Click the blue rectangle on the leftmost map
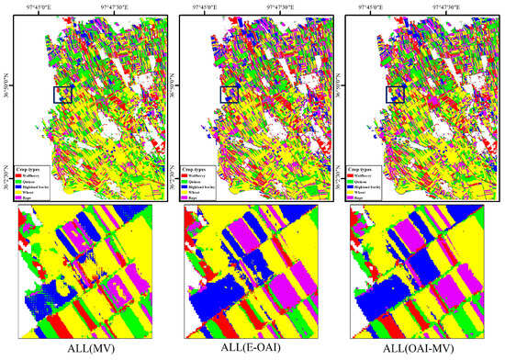62,93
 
